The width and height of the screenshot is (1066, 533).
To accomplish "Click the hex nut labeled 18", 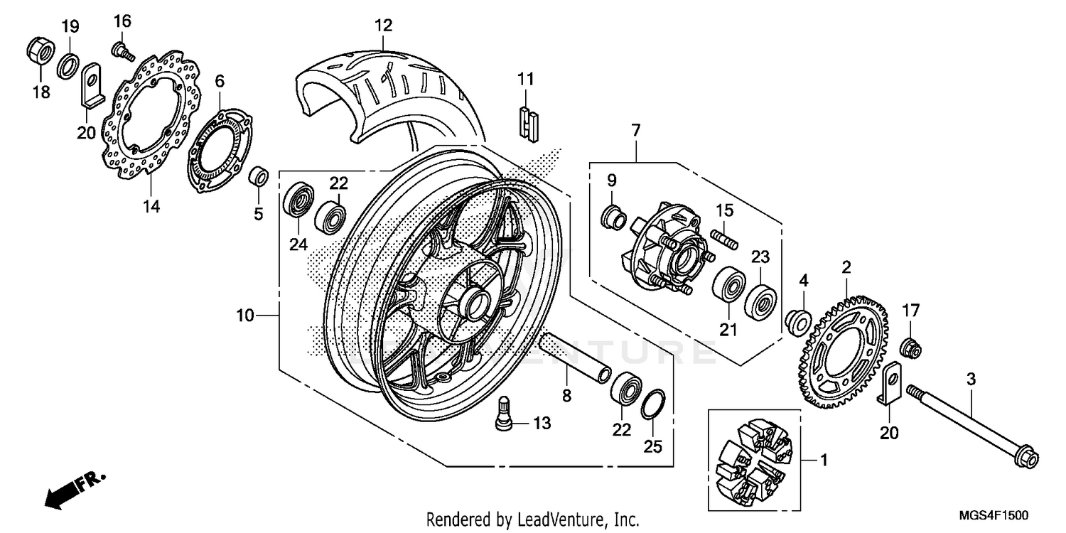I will tap(38, 50).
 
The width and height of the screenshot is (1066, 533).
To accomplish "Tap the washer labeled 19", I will tap(68, 65).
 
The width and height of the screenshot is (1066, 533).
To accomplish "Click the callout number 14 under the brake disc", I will tap(151, 206).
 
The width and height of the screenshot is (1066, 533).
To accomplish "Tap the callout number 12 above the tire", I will tap(383, 26).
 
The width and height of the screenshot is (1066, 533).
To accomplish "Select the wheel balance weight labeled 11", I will tap(527, 122).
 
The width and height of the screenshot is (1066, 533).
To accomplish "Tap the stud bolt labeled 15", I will tap(722, 237).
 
